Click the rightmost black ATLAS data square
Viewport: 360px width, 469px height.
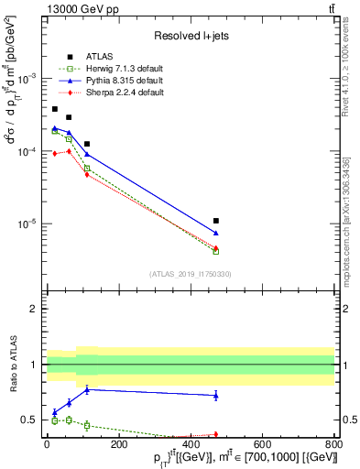pos(215,221)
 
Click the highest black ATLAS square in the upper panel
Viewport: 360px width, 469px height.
pos(54,109)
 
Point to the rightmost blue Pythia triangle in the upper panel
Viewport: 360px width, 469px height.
pos(215,234)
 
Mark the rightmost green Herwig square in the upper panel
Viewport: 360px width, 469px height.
pos(215,250)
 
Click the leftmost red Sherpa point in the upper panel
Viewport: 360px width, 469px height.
pos(54,153)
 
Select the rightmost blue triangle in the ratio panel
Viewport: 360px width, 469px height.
pos(215,395)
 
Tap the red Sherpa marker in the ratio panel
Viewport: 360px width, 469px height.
pos(215,434)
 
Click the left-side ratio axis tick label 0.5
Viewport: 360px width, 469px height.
pos(31,420)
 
